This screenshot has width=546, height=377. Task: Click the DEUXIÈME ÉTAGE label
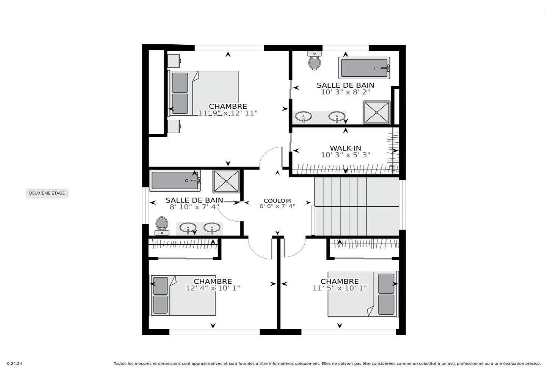tap(47, 193)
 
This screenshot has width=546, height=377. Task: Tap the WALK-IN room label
tap(345, 148)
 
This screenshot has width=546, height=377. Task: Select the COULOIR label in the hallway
tap(277, 201)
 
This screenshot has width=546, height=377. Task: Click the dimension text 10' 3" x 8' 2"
tap(345, 92)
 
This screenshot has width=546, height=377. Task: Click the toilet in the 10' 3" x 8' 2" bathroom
tap(314, 61)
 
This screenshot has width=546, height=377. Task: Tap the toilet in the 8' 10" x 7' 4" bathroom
tap(162, 226)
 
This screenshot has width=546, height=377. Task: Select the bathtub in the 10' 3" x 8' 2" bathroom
tap(364, 68)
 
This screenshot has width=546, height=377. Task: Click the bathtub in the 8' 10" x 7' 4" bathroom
tap(175, 181)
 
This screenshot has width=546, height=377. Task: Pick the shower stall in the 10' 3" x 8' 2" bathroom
tap(377, 112)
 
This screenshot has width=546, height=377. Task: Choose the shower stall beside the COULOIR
tap(226, 181)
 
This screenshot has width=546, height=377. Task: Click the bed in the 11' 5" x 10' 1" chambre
tap(363, 294)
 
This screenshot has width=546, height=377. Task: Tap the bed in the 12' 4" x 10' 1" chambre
tap(184, 295)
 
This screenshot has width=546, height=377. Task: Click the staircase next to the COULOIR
tap(356, 207)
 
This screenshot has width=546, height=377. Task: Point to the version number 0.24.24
tap(14, 364)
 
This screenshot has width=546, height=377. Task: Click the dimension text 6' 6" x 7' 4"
tap(277, 206)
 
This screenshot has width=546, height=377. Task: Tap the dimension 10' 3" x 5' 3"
tap(345, 155)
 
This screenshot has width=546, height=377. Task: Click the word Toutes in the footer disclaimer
tap(120, 364)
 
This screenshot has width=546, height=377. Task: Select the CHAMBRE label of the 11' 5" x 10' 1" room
tap(339, 281)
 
